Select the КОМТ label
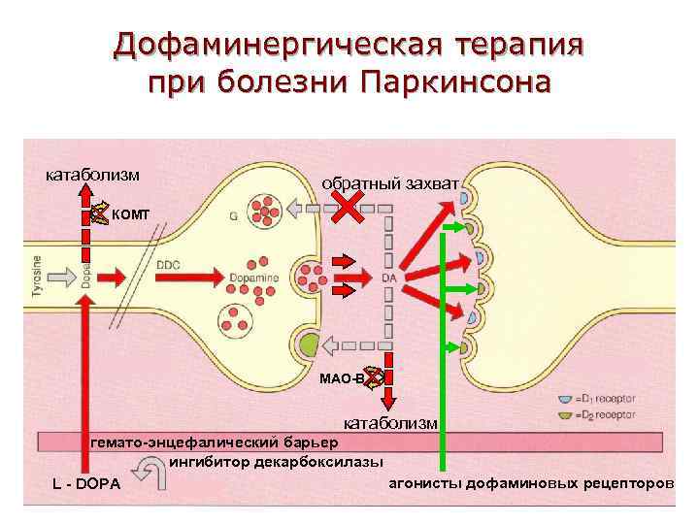coord(130,213)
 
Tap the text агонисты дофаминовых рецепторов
coord(530,482)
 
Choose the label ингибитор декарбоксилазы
coord(277,461)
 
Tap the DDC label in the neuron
coord(169,264)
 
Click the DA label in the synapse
coord(389,278)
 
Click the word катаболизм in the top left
coord(93,175)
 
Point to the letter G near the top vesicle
coord(234,216)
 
